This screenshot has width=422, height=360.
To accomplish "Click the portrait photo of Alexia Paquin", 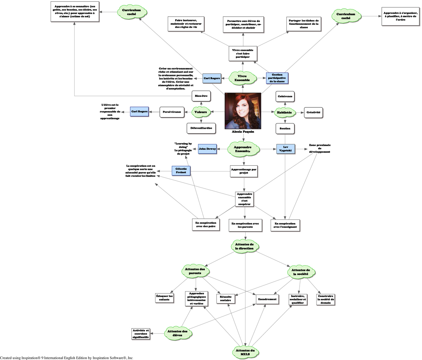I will [x=243, y=111].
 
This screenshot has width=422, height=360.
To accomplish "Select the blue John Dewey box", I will [x=207, y=148].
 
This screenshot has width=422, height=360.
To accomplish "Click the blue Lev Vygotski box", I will [x=285, y=148].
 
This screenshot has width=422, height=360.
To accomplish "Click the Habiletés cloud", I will [x=285, y=111].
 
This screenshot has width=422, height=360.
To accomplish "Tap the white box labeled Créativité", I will [x=312, y=112].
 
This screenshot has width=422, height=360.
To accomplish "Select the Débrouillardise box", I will [x=201, y=129].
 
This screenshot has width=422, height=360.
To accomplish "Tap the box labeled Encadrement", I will [x=267, y=298].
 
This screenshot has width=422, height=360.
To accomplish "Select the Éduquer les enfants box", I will [x=165, y=297].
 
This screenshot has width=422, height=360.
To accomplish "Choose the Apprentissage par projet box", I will [x=244, y=171].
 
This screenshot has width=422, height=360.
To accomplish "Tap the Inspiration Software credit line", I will [x=66, y=358].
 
